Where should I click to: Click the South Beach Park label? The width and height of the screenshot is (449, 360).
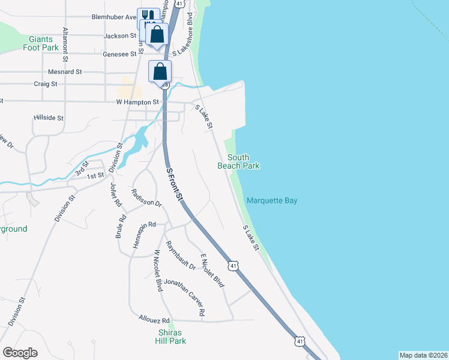(238, 161)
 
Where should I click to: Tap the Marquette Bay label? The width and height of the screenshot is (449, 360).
(273, 201)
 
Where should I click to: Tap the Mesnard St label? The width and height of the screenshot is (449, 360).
(66, 71)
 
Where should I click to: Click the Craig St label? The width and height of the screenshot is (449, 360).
(46, 84)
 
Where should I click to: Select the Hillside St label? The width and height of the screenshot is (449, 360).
(49, 118)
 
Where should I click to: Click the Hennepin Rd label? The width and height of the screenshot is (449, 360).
(139, 224)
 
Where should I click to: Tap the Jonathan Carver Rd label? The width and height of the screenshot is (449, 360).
(185, 297)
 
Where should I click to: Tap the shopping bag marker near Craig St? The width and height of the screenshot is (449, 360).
(160, 71)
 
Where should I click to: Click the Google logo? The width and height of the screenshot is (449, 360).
(20, 353)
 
